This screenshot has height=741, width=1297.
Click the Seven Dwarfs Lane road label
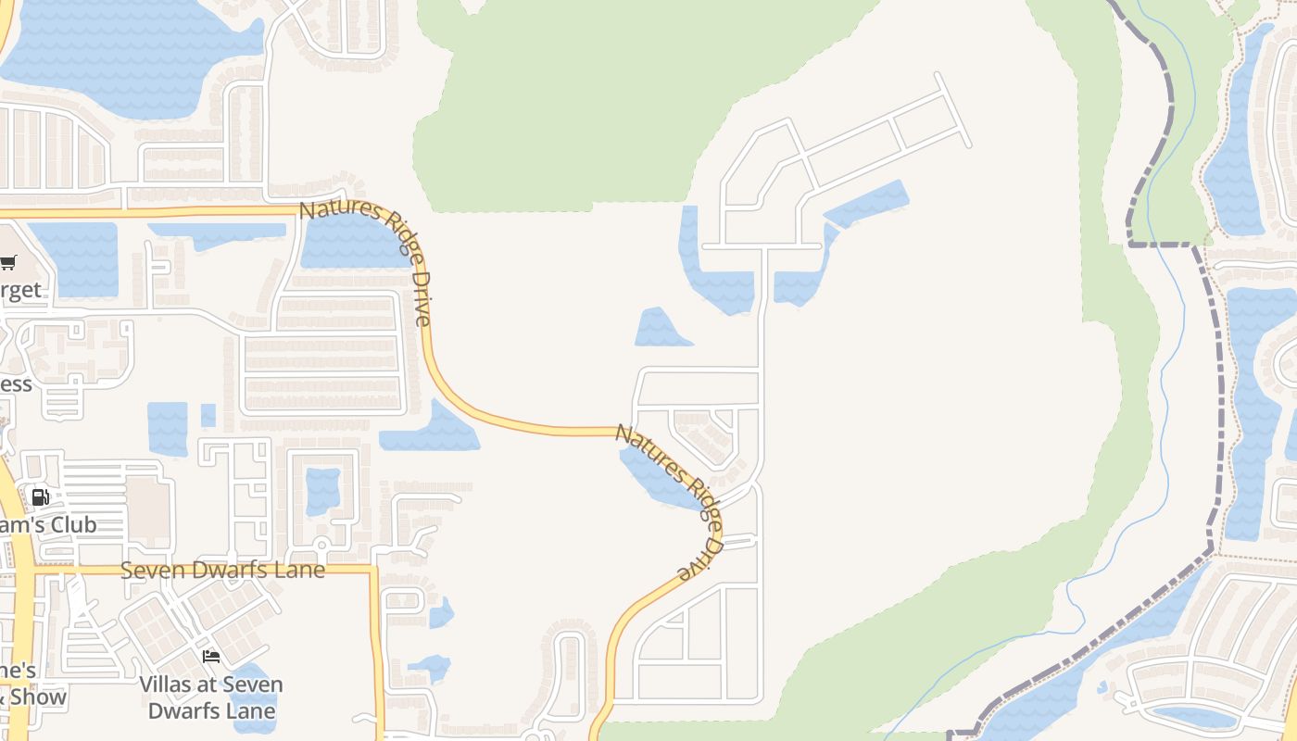point(222,570)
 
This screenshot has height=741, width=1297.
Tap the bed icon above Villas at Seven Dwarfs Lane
point(211,657)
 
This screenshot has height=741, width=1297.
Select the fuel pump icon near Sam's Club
point(40,497)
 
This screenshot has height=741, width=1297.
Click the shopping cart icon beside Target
point(8,263)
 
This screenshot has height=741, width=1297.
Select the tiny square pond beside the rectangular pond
point(208,415)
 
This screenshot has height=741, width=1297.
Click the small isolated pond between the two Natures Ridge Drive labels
point(661,329)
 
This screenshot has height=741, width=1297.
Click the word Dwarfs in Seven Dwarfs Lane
point(223,570)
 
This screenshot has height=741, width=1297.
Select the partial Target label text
point(20,290)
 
